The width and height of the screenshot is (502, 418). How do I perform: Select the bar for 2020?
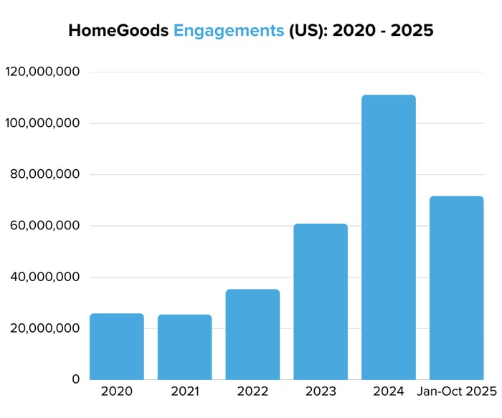pos(117,346)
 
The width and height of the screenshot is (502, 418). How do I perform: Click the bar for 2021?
pos(184,347)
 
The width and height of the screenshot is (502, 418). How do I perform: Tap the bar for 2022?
pos(252,334)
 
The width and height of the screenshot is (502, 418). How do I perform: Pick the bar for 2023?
pos(321,302)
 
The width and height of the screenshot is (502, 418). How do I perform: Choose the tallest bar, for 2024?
pos(389,237)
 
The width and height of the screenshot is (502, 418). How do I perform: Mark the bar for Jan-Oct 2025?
pos(456,288)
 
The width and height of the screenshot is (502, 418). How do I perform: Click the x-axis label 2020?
pos(117,391)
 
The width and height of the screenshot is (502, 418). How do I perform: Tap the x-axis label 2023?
pos(321,391)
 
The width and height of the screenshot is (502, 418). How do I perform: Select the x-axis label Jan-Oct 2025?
pos(456,391)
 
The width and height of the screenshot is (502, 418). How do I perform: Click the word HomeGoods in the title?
pos(118,31)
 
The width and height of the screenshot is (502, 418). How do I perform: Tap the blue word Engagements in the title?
pos(229,31)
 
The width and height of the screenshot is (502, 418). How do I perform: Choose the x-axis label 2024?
pos(389,391)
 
